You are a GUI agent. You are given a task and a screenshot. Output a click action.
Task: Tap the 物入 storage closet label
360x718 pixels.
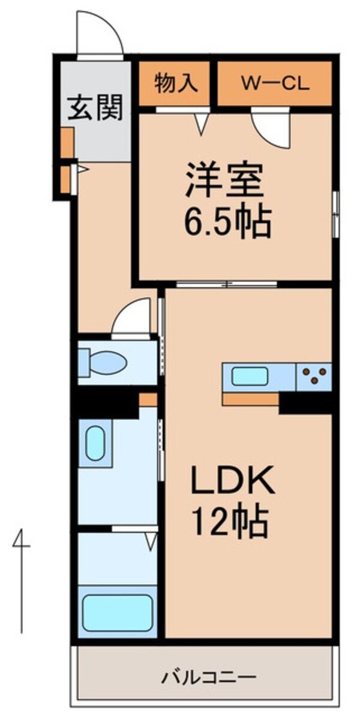175,83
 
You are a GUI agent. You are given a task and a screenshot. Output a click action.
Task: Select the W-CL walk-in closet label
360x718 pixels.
275,83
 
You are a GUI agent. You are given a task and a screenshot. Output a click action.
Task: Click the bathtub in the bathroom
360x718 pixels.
117,612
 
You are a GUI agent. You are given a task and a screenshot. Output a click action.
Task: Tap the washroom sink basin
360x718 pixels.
95,443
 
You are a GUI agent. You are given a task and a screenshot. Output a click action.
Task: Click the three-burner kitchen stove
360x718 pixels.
314,377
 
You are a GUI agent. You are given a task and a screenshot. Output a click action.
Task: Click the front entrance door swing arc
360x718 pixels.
100,33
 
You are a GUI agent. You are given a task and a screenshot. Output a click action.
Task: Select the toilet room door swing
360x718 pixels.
132,318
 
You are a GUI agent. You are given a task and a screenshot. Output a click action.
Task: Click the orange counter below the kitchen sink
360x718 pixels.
250,399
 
